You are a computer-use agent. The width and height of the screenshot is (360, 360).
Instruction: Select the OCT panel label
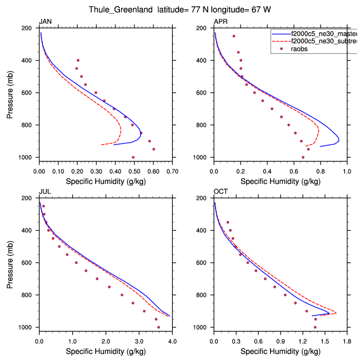click(221, 192)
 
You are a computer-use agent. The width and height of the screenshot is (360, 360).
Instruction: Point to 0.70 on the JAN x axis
click(172, 166)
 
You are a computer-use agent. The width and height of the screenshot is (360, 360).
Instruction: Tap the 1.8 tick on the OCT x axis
click(347, 336)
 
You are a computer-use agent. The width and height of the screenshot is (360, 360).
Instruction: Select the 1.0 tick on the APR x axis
click(347, 166)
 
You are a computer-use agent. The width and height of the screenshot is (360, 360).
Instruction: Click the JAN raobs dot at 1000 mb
click(133, 157)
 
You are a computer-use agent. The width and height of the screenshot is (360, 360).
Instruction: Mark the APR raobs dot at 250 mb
click(234, 36)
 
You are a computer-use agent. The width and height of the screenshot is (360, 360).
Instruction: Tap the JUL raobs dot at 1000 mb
click(159, 327)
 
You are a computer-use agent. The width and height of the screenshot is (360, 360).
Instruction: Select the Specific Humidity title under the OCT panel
click(281, 351)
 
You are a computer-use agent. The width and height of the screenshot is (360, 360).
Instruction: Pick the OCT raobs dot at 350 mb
click(228, 222)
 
